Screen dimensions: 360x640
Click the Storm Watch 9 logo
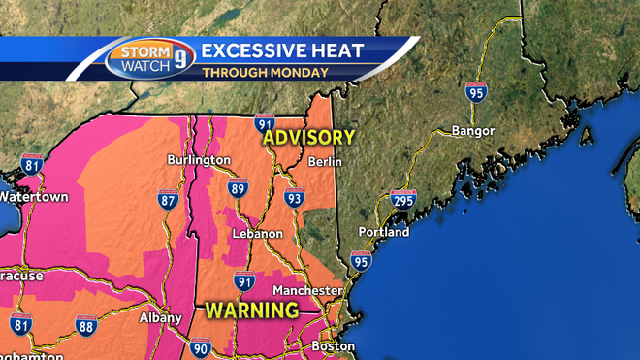point(149,59)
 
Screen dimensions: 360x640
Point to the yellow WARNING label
point(251,311)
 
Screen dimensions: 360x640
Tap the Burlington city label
point(198,160)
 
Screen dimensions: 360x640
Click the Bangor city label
point(473,131)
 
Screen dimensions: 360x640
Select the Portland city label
point(383,233)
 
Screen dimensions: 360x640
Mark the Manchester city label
point(307,290)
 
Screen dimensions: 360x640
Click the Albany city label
point(160,317)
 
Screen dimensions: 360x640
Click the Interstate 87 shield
point(169,200)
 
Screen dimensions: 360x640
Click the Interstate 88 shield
point(85,325)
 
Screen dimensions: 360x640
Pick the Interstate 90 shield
point(201,347)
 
